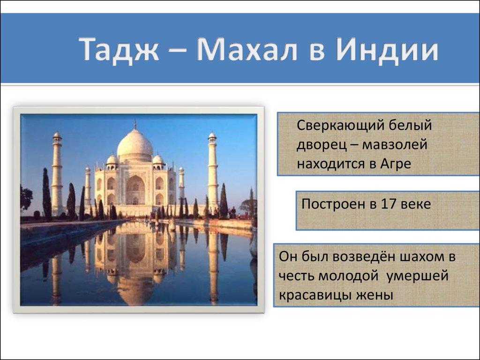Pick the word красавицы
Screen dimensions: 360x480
tap(314, 295)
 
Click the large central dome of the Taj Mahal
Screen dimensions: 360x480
tap(135, 143)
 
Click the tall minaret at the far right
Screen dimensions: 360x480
tap(212, 171)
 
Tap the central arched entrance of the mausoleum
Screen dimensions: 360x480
tap(135, 190)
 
